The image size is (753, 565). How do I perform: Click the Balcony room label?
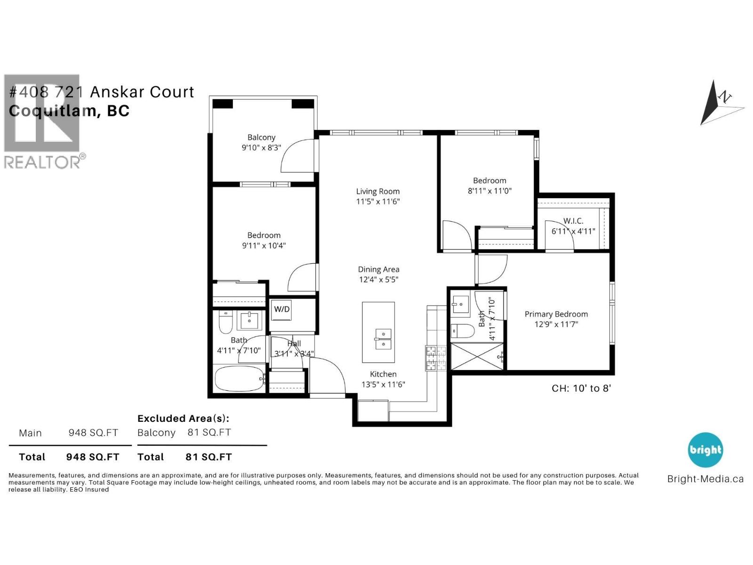pyautogui.click(x=261, y=137)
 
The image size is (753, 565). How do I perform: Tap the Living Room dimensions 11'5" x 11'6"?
pyautogui.click(x=377, y=202)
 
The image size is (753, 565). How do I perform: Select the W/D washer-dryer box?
pyautogui.click(x=282, y=309)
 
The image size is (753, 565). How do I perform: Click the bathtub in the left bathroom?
pyautogui.click(x=239, y=379)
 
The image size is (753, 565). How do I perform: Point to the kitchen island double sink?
pyautogui.click(x=383, y=339)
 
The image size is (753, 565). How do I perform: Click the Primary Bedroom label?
pyautogui.click(x=556, y=314)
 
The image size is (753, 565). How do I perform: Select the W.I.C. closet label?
pyautogui.click(x=573, y=221)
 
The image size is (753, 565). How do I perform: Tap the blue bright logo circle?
pyautogui.click(x=705, y=450)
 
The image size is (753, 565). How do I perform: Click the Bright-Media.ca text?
pyautogui.click(x=705, y=479)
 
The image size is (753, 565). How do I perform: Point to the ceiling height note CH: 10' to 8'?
pyautogui.click(x=581, y=388)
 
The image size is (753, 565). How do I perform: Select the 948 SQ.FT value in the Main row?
pyautogui.click(x=93, y=433)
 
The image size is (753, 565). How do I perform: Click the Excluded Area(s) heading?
pyautogui.click(x=183, y=418)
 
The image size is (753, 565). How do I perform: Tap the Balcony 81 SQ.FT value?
pyautogui.click(x=209, y=432)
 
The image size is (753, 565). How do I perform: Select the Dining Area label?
pyautogui.click(x=378, y=269)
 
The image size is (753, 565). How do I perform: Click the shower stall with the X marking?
pyautogui.click(x=477, y=356)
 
